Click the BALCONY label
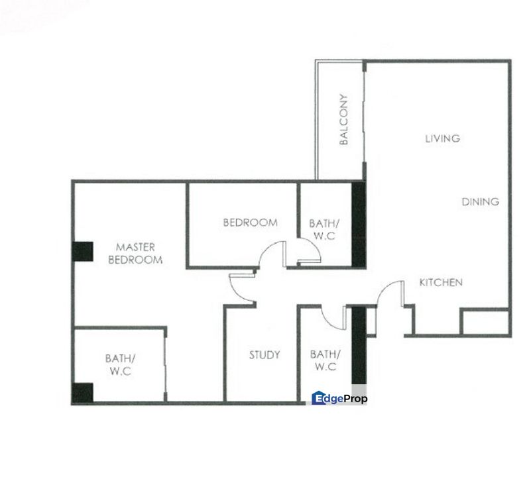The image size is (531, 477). pyautogui.click(x=343, y=119)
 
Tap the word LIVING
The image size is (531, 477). pyautogui.click(x=443, y=138)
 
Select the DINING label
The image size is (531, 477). pyautogui.click(x=480, y=202)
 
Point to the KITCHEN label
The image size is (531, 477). pyautogui.click(x=441, y=282)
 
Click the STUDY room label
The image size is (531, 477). pyautogui.click(x=265, y=355)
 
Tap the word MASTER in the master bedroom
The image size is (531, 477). pyautogui.click(x=135, y=247)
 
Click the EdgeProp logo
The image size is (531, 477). pyautogui.click(x=339, y=398)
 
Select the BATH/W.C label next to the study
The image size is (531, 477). pyautogui.click(x=325, y=360)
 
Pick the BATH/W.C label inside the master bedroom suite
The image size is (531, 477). pyautogui.click(x=121, y=364)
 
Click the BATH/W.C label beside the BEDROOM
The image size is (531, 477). pyautogui.click(x=324, y=229)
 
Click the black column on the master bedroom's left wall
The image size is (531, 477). pyautogui.click(x=83, y=252)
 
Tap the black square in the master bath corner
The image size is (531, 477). pyautogui.click(x=83, y=393)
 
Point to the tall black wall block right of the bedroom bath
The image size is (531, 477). pyautogui.click(x=359, y=225)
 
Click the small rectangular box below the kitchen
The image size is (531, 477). pyautogui.click(x=485, y=322)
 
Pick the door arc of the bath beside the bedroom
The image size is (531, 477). pyautogui.click(x=314, y=244)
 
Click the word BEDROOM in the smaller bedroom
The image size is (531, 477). pyautogui.click(x=251, y=223)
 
